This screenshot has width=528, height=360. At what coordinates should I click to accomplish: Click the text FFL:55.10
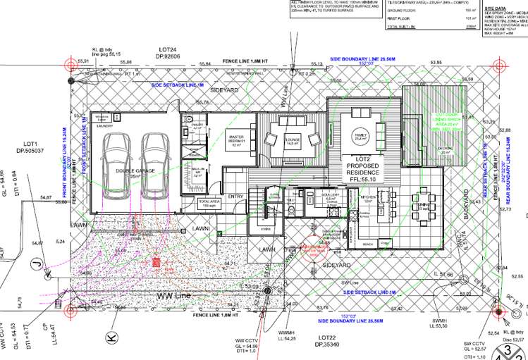[x=361, y=180]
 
